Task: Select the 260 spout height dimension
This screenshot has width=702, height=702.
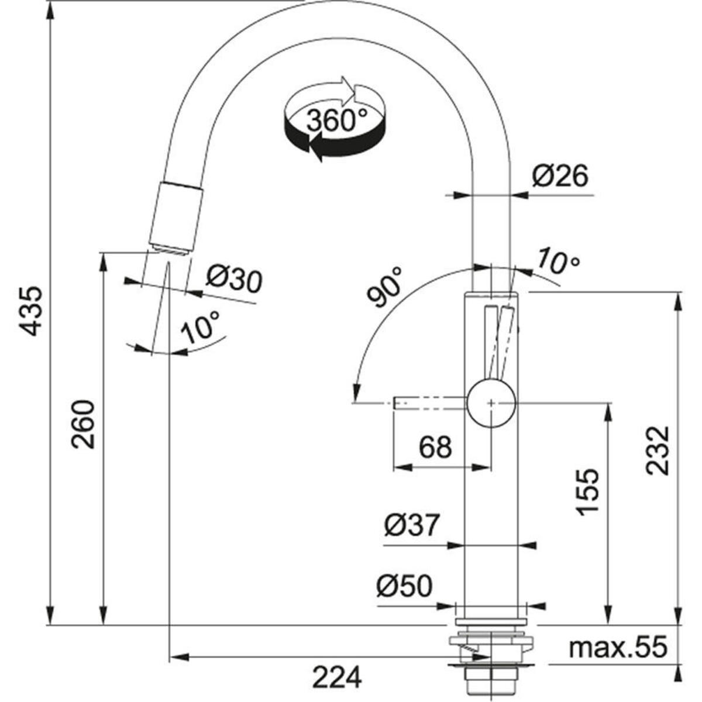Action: pyautogui.click(x=83, y=424)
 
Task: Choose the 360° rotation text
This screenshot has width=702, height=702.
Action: pyautogui.click(x=331, y=121)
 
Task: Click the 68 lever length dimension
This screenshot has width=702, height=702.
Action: pyautogui.click(x=436, y=448)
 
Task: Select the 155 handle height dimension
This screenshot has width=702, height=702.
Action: pyautogui.click(x=588, y=491)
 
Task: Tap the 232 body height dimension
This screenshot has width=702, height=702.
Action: pyautogui.click(x=657, y=450)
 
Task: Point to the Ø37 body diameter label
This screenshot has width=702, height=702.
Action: pyautogui.click(x=411, y=525)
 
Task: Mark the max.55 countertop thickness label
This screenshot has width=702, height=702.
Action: pyautogui.click(x=618, y=648)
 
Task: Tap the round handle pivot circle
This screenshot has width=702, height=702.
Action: pyautogui.click(x=491, y=403)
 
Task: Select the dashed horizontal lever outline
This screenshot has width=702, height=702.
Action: pyautogui.click(x=430, y=403)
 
